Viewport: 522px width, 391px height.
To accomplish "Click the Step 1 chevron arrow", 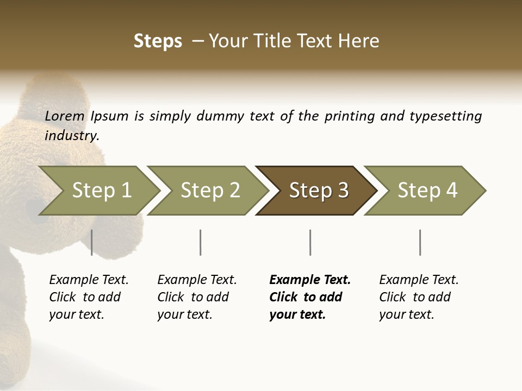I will pos(101,191).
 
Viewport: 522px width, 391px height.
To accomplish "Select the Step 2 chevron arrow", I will pos(210,191).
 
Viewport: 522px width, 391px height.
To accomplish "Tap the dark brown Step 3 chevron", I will pos(319,191).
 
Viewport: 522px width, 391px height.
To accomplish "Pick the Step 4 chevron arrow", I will pos(427,191).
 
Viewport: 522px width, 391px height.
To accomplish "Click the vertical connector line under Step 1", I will pos(92,242).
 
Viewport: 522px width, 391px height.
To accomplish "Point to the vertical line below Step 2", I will pos(201,242).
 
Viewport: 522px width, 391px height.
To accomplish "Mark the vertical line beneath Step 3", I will pos(310,242).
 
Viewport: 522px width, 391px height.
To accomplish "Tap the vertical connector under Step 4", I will pos(420,242).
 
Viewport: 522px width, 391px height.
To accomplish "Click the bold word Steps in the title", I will pos(158,41).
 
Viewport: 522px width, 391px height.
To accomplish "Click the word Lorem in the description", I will pos(65,116).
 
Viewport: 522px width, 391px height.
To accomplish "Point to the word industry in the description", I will pos(72,136).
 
